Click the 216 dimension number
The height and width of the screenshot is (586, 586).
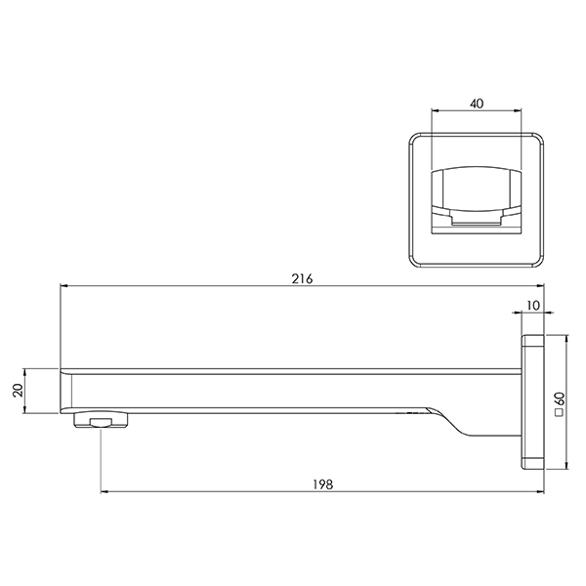[x=302, y=278]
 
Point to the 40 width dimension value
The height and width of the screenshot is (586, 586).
[x=476, y=101]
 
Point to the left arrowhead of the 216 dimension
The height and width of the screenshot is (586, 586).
[x=64, y=287]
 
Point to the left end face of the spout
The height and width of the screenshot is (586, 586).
[x=63, y=391]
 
